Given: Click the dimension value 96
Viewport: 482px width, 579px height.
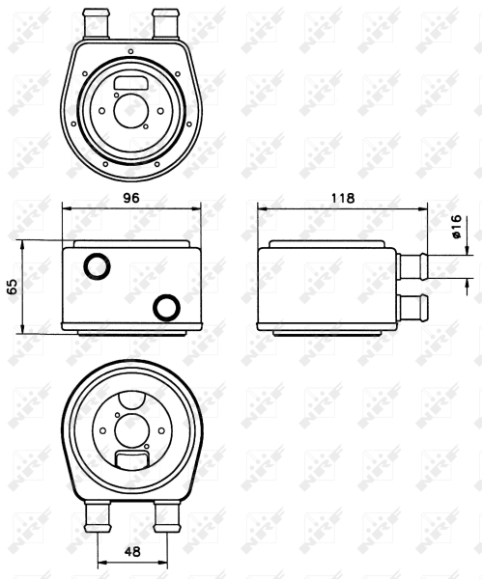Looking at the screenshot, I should coord(131,197).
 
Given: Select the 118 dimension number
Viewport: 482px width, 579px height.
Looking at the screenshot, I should coord(343,197).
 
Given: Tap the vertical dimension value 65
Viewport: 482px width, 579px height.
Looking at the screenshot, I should coord(13,287).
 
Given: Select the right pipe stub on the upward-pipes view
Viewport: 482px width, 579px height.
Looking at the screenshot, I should coord(165,18).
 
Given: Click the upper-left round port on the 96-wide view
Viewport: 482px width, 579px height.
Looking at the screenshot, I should coord(95,265).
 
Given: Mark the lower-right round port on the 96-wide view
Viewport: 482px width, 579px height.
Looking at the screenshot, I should coord(167,308).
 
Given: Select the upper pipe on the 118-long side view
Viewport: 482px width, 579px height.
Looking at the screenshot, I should coord(416,263).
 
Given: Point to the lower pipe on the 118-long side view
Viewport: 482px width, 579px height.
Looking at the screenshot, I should coord(416,308).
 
